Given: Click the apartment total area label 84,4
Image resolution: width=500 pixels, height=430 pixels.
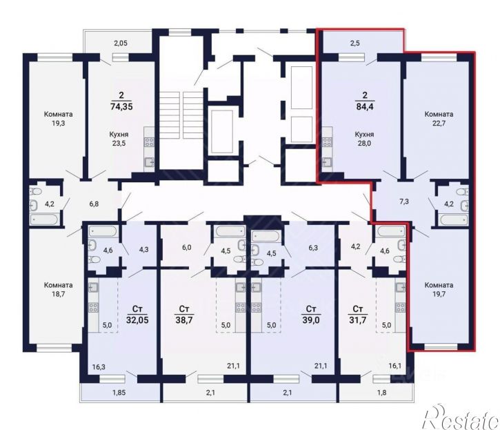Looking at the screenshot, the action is click(x=365, y=106).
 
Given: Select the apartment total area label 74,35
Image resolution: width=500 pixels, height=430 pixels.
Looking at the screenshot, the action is click(x=121, y=106).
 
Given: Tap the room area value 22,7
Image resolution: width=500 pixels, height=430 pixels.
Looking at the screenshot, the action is click(x=439, y=123).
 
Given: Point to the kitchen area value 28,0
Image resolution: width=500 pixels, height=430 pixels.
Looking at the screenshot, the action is click(x=365, y=144).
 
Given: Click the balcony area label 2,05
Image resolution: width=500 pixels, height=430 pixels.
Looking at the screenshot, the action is click(x=121, y=43).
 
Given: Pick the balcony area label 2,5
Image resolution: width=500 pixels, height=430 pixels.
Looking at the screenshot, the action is click(x=355, y=43).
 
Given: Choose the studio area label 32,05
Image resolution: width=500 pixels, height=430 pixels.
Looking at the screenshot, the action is click(x=137, y=320).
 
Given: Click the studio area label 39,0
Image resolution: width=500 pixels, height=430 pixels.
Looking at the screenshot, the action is click(x=311, y=320).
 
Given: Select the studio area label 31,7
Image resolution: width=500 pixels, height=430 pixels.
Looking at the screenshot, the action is click(x=358, y=320).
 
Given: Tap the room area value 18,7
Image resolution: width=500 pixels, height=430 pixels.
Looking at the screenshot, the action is click(x=59, y=294).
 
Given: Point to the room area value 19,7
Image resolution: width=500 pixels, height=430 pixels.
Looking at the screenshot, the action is click(x=439, y=294).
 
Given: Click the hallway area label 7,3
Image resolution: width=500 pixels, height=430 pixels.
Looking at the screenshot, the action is click(x=404, y=202).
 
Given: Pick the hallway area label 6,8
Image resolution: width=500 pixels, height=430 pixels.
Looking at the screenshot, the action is click(x=94, y=204).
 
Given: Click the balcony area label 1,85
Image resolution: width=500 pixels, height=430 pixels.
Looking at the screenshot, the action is click(x=119, y=392).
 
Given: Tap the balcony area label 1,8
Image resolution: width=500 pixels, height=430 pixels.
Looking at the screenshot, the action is click(x=381, y=392).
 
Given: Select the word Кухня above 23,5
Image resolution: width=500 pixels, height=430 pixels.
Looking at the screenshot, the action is click(x=119, y=135).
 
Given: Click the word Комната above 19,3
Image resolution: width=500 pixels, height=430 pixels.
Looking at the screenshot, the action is click(x=59, y=114).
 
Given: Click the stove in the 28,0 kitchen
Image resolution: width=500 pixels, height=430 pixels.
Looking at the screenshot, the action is click(x=327, y=142).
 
